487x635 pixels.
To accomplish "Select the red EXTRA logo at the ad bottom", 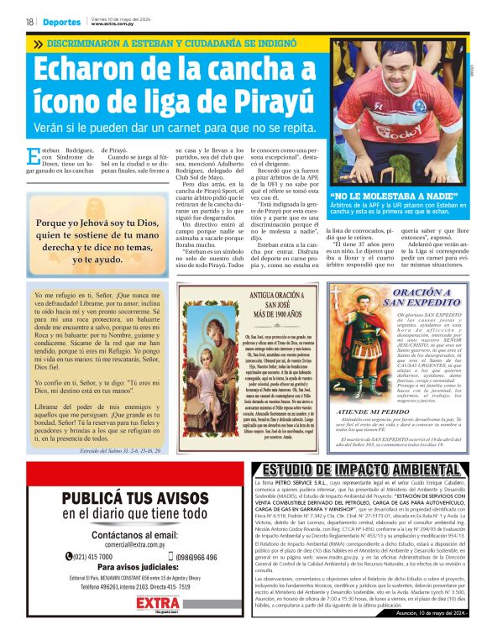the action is point(122,602).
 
